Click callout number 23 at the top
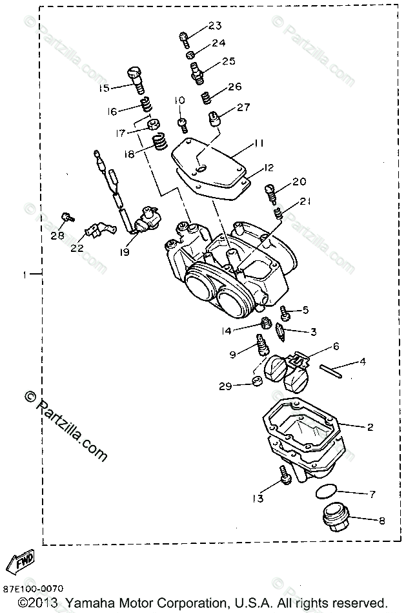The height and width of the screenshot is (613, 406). [x=214, y=26]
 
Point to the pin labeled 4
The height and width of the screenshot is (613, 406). [x=332, y=369]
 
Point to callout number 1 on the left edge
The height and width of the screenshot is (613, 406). [x=24, y=275]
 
